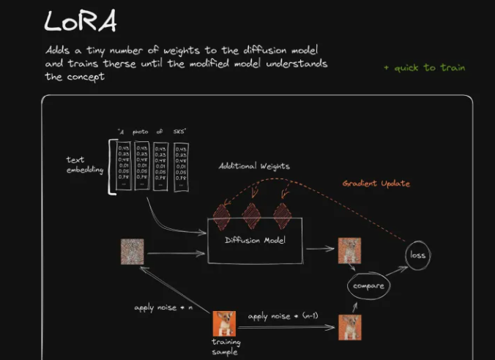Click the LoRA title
coord(81,21)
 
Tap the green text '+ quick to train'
coord(424,67)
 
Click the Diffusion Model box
coord(254,241)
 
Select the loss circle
coord(418,255)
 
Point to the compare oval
coord(368,285)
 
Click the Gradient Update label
coord(376,183)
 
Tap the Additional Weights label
coord(254,166)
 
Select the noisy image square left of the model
coord(132,252)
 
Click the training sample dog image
coord(223,323)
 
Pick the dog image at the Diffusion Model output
coord(349,250)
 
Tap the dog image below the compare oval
coord(349,326)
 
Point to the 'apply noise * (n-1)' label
coord(284,316)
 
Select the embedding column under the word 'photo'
coord(141,165)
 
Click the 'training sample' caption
coord(226,346)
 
